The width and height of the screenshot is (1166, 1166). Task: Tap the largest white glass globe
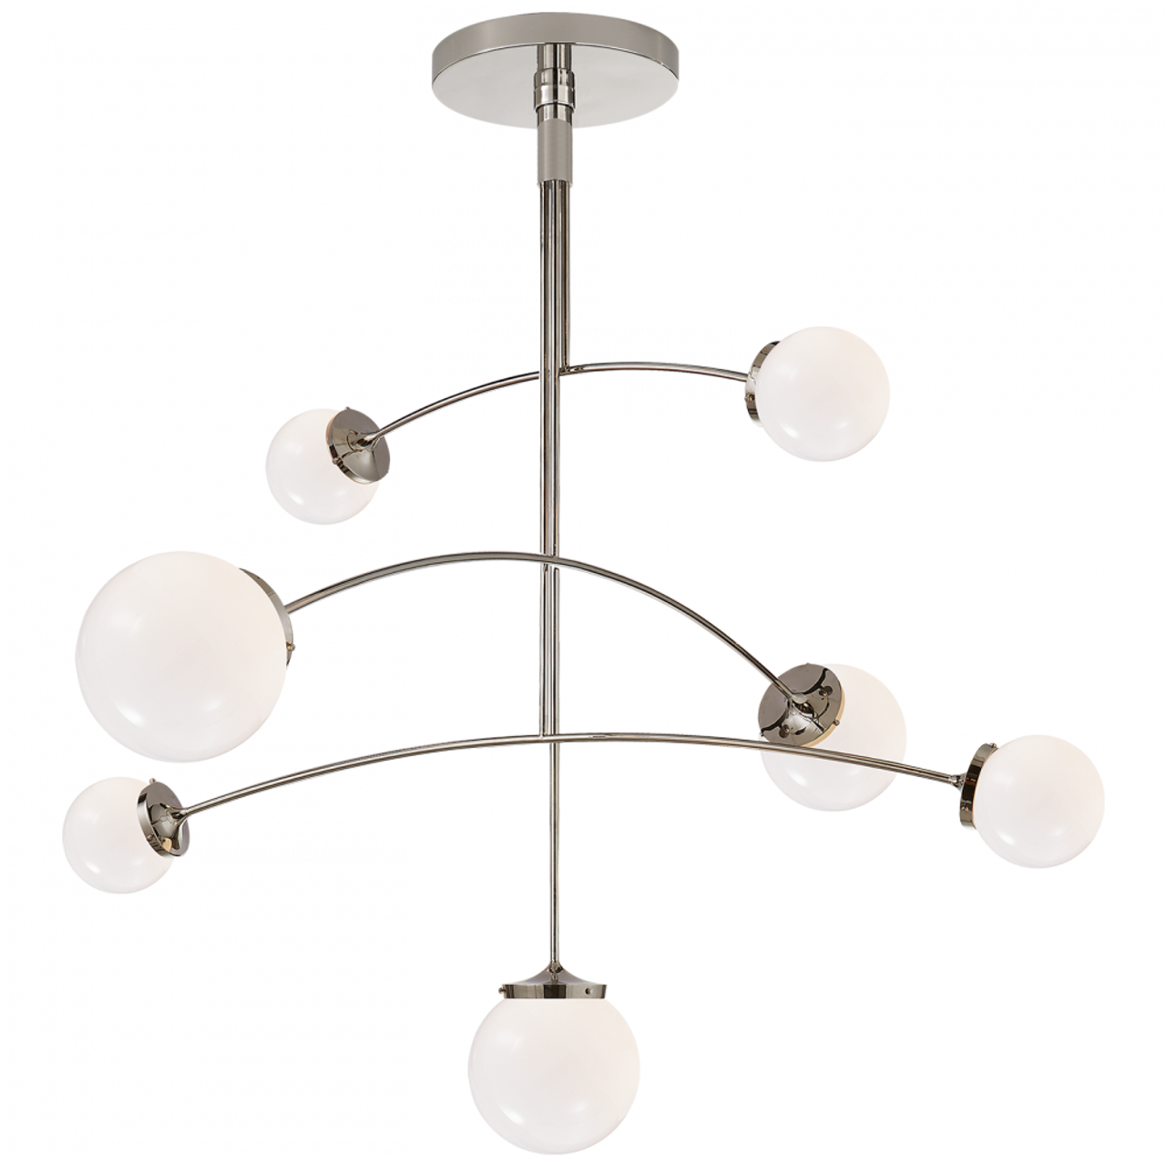click(x=183, y=656)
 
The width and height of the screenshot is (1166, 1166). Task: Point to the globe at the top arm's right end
click(x=824, y=393)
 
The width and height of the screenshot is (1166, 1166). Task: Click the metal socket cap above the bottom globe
click(x=553, y=978)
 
